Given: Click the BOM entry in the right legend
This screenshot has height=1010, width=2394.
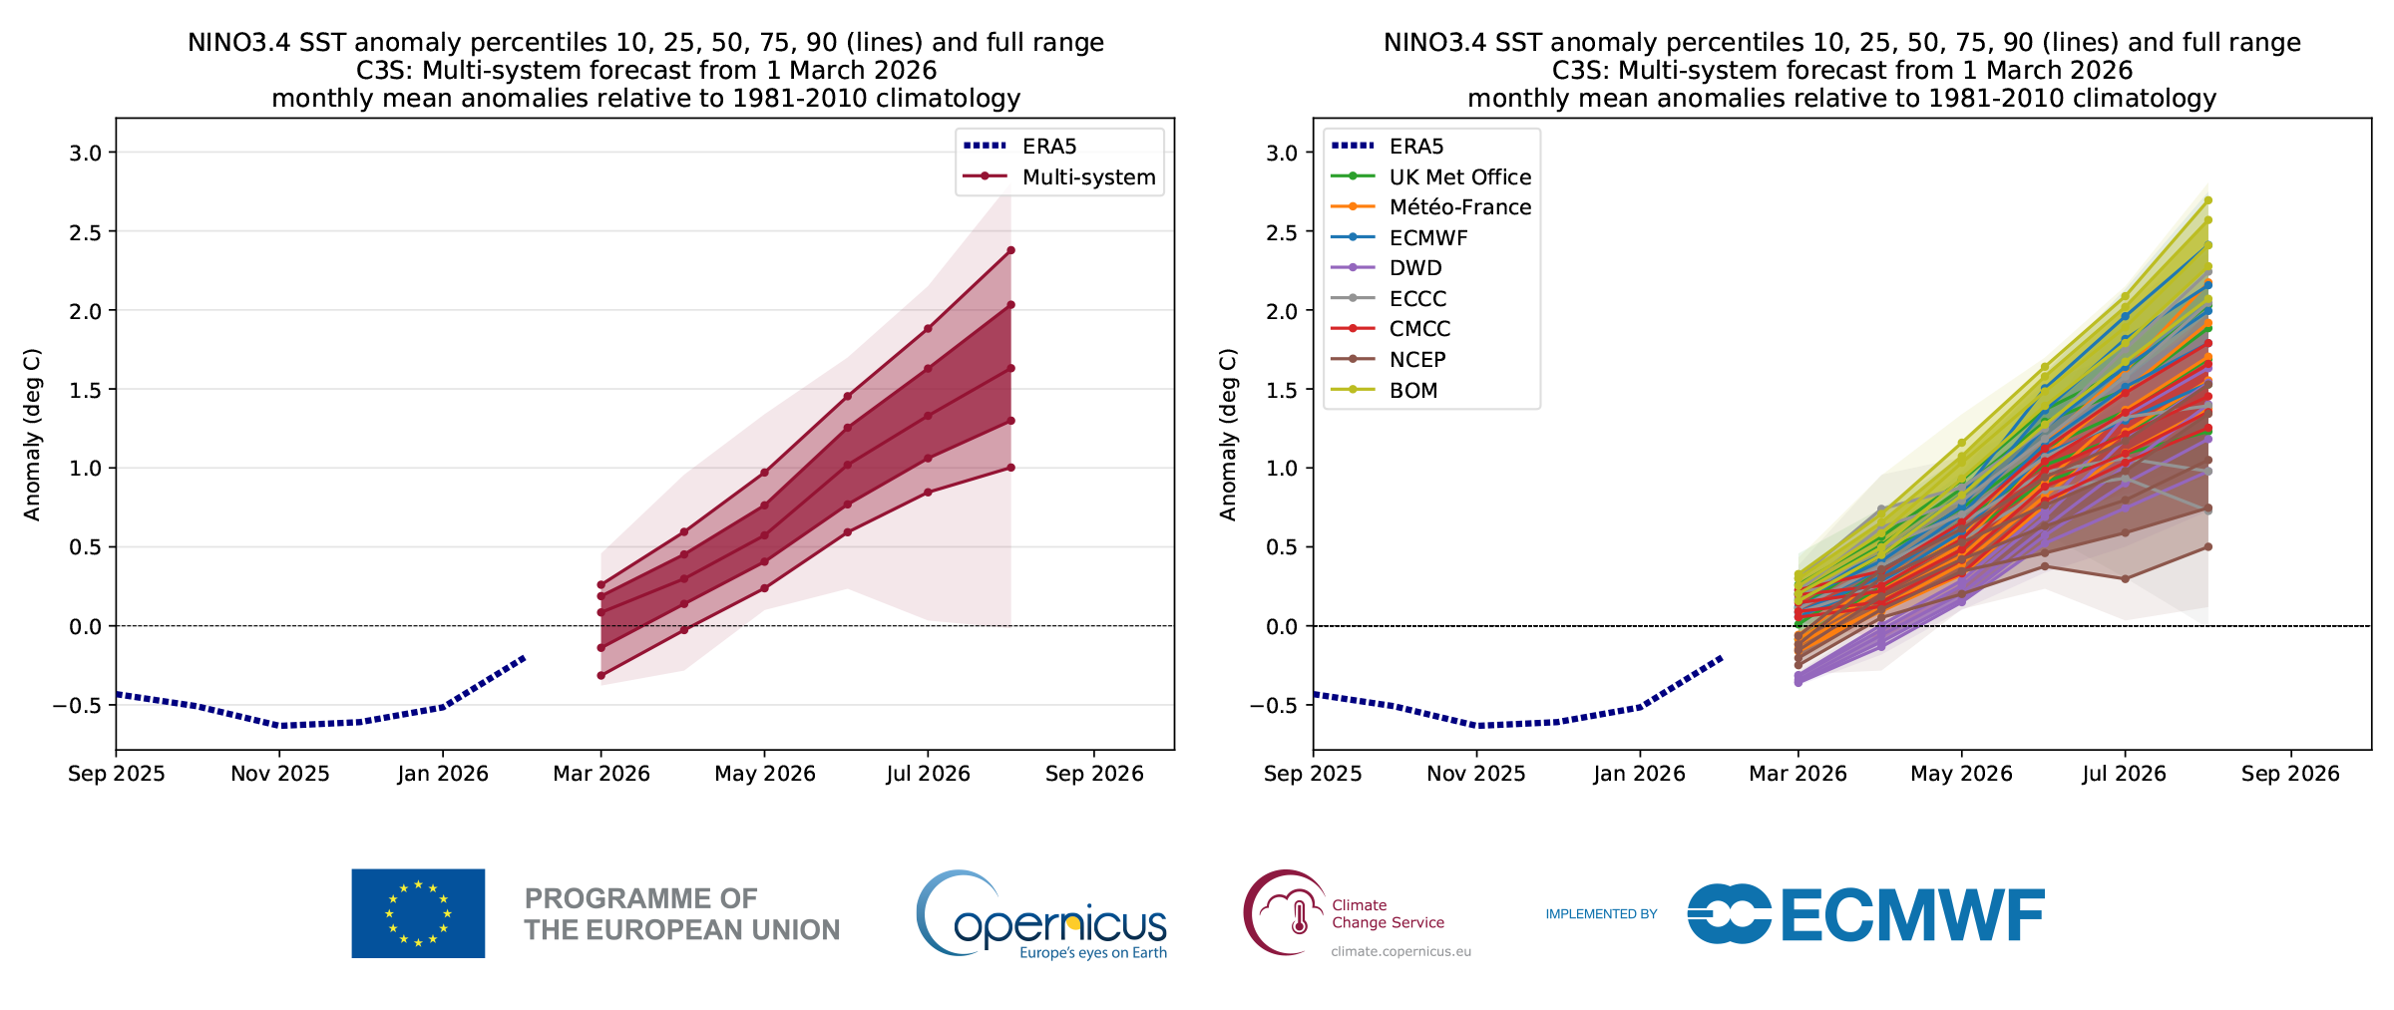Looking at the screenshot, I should coord(1413,391).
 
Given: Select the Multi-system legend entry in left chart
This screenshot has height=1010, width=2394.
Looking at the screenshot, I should coord(1088,177).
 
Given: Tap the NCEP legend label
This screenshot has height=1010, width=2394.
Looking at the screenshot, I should coord(1417,360).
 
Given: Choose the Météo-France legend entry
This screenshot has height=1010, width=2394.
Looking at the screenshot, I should coord(1459,207).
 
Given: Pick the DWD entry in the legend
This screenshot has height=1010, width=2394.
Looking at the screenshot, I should coord(1415,268).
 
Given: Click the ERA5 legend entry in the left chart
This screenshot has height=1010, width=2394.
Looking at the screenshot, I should coord(1049,147).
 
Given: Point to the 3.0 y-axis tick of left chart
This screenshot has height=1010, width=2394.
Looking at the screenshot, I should coord(85,153).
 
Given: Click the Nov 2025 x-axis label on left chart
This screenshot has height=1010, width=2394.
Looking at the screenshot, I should coord(280,775).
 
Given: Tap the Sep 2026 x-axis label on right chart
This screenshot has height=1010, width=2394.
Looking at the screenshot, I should coord(2290,775).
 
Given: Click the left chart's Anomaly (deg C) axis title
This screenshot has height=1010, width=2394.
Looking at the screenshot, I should coord(32,435).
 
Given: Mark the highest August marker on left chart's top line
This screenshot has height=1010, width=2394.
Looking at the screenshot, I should coord(1010,250).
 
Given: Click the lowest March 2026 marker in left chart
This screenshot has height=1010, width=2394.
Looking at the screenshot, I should coord(600,676).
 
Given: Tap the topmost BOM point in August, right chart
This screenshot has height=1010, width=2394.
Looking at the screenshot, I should coord(2207,200).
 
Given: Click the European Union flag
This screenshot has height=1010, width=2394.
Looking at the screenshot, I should coord(418,913).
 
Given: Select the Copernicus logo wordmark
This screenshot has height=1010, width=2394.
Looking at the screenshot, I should coord(1059,925).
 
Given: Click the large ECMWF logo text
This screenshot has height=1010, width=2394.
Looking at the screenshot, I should coord(1911,915).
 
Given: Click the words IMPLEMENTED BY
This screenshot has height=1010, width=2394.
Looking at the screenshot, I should coord(1601,914).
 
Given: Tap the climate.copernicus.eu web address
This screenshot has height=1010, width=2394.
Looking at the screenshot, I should coord(1400,952).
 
